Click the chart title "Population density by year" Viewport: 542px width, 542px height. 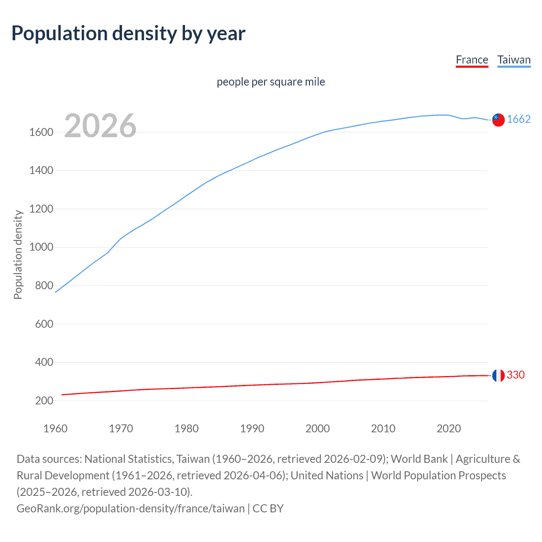[x=128, y=33]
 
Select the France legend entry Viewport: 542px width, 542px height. [x=472, y=60]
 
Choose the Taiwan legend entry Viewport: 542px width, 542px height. [x=514, y=60]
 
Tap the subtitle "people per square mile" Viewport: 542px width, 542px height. [x=271, y=82]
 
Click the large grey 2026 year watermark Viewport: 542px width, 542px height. [x=100, y=126]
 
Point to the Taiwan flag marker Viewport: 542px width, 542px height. [x=498, y=120]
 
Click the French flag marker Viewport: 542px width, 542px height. [x=498, y=375]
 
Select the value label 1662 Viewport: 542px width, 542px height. [x=519, y=119]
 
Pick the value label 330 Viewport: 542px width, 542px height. [x=516, y=375]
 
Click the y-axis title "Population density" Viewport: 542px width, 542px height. [x=18, y=255]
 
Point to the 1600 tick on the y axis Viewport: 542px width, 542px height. [x=41, y=133]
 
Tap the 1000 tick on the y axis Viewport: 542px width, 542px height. [x=41, y=247]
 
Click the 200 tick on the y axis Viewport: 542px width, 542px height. [x=44, y=401]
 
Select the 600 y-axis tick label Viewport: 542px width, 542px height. [x=44, y=324]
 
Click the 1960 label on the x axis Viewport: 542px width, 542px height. [x=55, y=429]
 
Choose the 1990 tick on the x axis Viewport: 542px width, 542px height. [x=252, y=429]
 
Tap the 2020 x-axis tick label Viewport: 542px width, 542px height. [x=449, y=429]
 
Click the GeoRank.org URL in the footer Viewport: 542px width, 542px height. [x=130, y=509]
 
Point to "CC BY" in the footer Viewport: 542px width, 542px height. [x=268, y=509]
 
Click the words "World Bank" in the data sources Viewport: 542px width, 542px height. [x=419, y=459]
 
